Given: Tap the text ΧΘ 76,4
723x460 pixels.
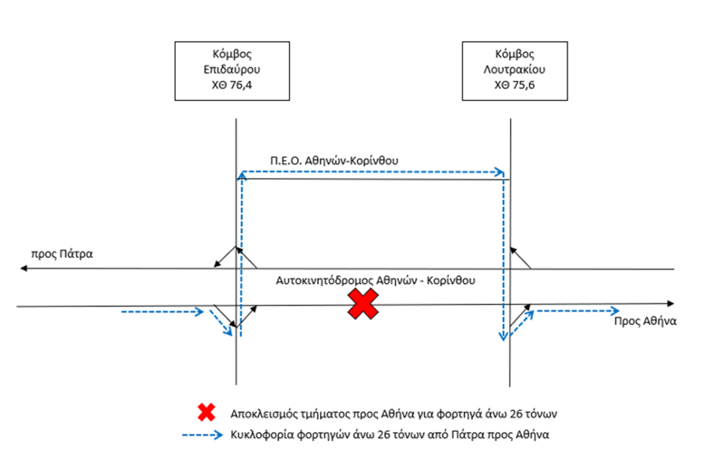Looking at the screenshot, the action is coord(232,85).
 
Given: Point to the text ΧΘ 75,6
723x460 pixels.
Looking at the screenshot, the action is coord(515,85).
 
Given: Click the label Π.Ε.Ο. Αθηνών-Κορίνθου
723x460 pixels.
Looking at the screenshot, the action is coord(334,161).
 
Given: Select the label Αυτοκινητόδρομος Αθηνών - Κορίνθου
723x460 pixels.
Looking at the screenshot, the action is coord(375,281).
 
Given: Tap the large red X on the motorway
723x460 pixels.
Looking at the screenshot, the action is coord(363,304).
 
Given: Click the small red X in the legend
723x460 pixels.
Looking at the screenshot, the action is coord(207,412).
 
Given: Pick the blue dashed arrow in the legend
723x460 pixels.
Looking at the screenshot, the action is coord(202,435).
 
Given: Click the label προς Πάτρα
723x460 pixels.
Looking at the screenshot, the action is coord(62,254).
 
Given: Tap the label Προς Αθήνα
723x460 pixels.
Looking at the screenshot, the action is coord(645,322).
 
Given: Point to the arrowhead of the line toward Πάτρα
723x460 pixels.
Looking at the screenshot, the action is coord(23,268).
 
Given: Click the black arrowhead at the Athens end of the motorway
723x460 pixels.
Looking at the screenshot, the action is coord(671,303).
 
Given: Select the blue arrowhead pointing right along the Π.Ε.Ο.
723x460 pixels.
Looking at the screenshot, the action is coord(499,172).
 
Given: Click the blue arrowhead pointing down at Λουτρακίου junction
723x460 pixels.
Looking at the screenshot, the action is coord(504,337).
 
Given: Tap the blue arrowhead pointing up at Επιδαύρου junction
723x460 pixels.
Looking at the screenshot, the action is coord(242,175).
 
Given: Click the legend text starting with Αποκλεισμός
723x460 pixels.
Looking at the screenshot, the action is coord(394,414).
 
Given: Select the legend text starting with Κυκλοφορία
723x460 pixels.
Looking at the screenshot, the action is coord(390,435).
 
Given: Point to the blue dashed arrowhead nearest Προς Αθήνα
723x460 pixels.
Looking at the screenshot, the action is coord(615,311).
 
